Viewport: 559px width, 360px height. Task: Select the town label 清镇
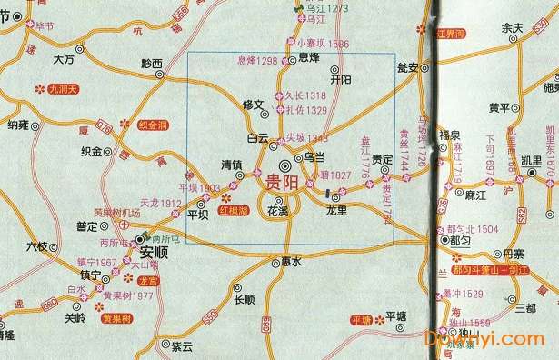click(x=233, y=164)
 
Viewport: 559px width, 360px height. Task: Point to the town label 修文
click(x=252, y=105)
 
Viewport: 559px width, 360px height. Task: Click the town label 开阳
click(x=341, y=80)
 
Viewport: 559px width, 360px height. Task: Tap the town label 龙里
click(x=336, y=210)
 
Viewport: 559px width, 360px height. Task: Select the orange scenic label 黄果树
click(x=117, y=319)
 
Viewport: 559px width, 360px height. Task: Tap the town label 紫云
click(x=182, y=346)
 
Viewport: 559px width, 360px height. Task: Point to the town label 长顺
click(x=244, y=300)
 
